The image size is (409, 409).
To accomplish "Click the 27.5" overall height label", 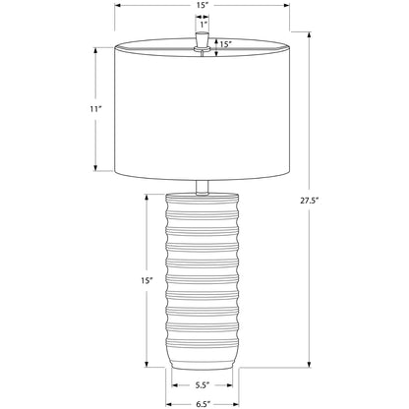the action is coord(310,201).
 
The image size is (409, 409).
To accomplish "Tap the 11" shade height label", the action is coord(95,109).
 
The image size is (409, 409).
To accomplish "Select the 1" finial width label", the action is coord(204,25).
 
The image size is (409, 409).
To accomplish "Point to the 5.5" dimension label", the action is coord(203,385).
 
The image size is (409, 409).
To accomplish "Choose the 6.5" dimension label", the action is coord(203,404).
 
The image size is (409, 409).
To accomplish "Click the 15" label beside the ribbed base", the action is coord(147,280).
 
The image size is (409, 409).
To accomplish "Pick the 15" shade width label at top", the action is coord(203,5).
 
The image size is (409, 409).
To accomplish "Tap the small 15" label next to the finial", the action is coord(226,44).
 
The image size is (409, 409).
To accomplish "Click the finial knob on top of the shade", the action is coord(203,40).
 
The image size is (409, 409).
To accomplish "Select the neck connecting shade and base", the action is coord(203,187).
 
